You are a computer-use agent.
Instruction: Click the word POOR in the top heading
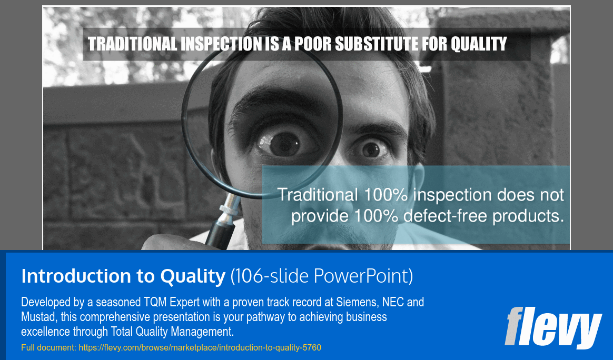point(314,44)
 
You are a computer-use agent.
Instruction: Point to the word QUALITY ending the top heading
point(479,44)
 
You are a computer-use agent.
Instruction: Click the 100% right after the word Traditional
point(385,195)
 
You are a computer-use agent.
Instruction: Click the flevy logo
point(552,327)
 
